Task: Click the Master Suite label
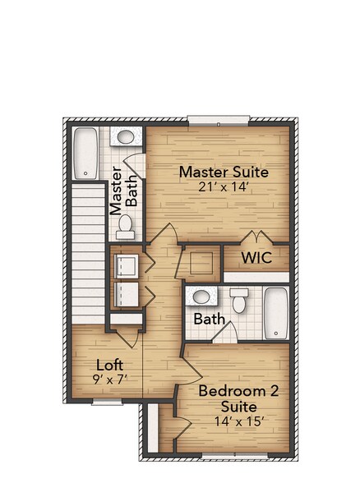(224, 172)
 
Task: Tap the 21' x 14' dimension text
(224, 186)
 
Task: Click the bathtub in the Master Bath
(85, 153)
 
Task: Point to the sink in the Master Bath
(125, 138)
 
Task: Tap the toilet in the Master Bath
(125, 223)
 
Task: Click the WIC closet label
(256, 258)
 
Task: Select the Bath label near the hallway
(210, 319)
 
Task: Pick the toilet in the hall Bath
(238, 302)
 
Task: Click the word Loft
(110, 365)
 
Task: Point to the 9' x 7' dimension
(110, 379)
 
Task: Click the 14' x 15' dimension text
(238, 421)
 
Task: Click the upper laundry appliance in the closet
(126, 264)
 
